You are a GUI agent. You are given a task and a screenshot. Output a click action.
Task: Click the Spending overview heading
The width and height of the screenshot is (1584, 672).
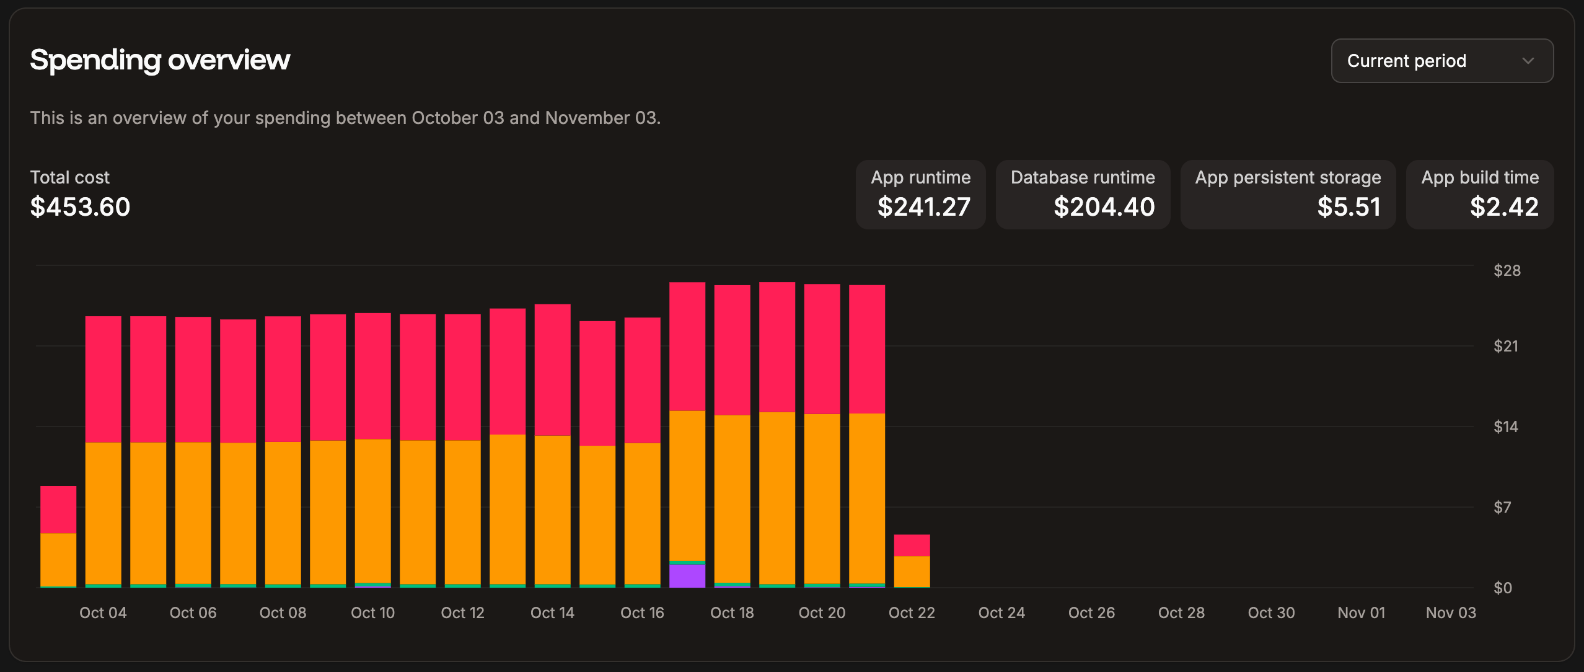click(x=160, y=60)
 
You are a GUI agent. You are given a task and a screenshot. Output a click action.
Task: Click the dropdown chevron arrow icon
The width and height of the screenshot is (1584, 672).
click(x=1528, y=61)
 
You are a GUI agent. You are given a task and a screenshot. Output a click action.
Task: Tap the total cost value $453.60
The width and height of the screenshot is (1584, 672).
click(x=80, y=206)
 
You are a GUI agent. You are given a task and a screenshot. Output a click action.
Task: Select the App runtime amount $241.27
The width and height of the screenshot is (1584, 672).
click(x=923, y=206)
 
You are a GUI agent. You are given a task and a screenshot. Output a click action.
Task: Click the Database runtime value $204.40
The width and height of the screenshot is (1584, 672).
click(x=1104, y=206)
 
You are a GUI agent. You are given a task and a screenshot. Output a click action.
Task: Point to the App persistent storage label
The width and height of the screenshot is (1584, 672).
click(x=1288, y=177)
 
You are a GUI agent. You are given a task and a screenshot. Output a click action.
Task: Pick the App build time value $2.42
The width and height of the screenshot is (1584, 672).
click(x=1504, y=206)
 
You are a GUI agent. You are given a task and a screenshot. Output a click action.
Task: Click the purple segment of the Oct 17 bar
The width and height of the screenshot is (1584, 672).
click(x=687, y=576)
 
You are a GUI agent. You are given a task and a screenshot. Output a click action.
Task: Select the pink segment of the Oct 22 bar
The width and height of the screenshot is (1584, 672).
click(x=912, y=545)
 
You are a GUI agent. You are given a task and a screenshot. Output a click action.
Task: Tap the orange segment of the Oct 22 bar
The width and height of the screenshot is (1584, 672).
click(x=912, y=572)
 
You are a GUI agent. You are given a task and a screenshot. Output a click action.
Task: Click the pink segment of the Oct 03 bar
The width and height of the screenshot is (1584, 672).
click(x=58, y=509)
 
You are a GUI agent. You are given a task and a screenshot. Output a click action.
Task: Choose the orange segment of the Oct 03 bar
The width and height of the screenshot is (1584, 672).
click(x=58, y=559)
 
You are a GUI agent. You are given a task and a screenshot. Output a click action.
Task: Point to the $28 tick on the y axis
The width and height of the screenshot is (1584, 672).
click(x=1507, y=270)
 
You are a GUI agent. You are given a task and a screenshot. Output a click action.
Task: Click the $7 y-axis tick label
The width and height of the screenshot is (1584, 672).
click(x=1502, y=507)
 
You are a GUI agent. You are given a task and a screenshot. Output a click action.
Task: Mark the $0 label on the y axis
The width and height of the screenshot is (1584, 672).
click(x=1502, y=588)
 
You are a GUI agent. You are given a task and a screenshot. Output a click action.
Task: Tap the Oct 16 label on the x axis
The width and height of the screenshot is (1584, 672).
click(x=642, y=612)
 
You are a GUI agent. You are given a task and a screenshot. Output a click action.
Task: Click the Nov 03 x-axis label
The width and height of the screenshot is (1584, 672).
click(x=1450, y=612)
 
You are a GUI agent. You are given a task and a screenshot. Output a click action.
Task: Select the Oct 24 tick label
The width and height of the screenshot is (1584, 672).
click(x=1001, y=612)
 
